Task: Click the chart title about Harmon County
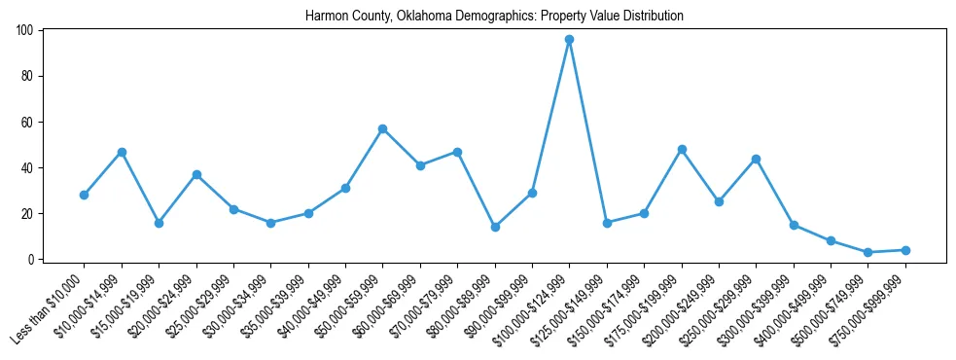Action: point(494,16)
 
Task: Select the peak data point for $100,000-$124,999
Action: point(569,40)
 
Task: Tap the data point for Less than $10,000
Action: point(84,195)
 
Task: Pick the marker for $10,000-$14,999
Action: point(122,152)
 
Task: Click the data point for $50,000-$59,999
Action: point(382,128)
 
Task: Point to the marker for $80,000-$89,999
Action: point(495,227)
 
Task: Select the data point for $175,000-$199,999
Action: point(682,149)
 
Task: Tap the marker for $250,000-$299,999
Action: point(756,159)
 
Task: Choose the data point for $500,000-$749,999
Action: point(867,252)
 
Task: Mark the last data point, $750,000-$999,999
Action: point(905,250)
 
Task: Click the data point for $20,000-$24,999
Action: point(196,174)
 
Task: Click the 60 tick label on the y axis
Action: point(28,122)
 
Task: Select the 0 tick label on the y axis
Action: point(32,259)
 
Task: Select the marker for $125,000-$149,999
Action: point(607,223)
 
